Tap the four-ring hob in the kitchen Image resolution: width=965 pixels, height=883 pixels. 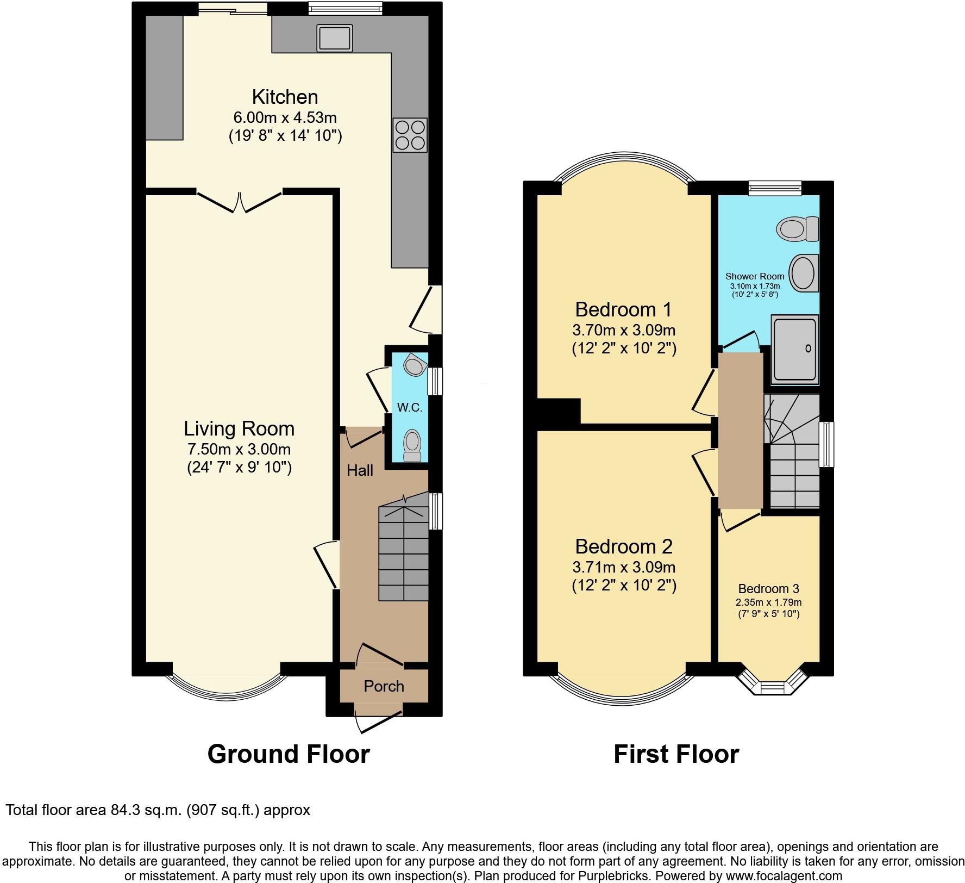[x=410, y=135]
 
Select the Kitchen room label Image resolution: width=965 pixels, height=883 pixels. [x=285, y=97]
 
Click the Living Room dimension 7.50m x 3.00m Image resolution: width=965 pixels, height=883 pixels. [x=239, y=450]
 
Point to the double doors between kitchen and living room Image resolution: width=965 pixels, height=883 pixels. [x=239, y=202]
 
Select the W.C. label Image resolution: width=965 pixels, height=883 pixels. [x=410, y=407]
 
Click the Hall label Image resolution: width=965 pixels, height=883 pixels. [x=360, y=470]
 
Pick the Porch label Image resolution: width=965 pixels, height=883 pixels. [x=384, y=686]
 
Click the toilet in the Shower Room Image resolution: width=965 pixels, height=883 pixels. [x=798, y=229]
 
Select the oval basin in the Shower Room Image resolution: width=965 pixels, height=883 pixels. [x=803, y=273]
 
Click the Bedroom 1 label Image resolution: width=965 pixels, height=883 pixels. [x=623, y=309]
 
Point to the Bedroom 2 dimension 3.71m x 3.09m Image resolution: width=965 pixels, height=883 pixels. [x=624, y=568]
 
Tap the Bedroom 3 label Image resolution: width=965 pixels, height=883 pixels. [x=768, y=589]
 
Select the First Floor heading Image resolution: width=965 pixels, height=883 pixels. [x=676, y=755]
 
